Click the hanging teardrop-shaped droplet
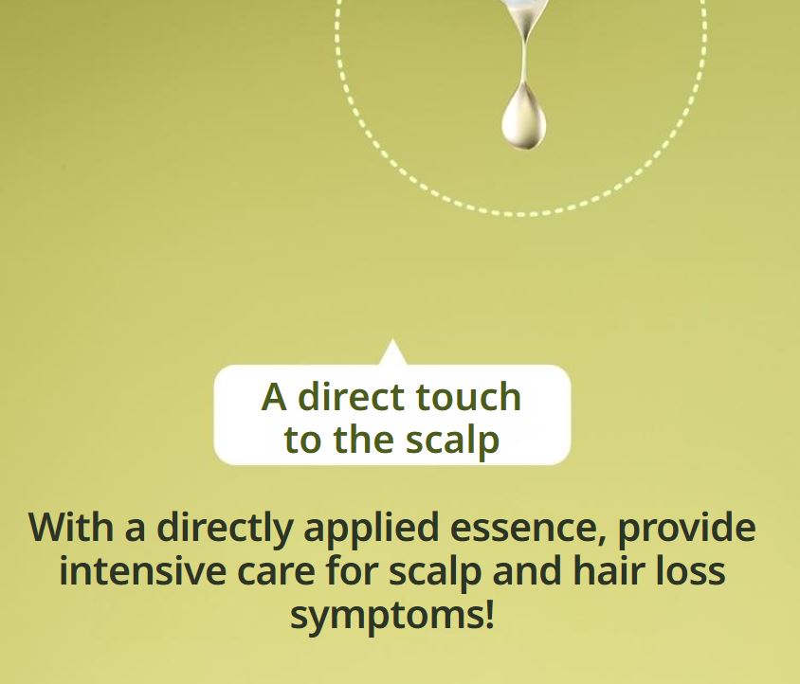[x=523, y=117]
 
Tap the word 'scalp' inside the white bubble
[x=452, y=441]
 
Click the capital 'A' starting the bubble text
[x=274, y=397]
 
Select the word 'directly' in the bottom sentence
[x=226, y=527]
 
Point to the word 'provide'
[x=687, y=527]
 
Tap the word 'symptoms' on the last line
[x=386, y=617]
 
